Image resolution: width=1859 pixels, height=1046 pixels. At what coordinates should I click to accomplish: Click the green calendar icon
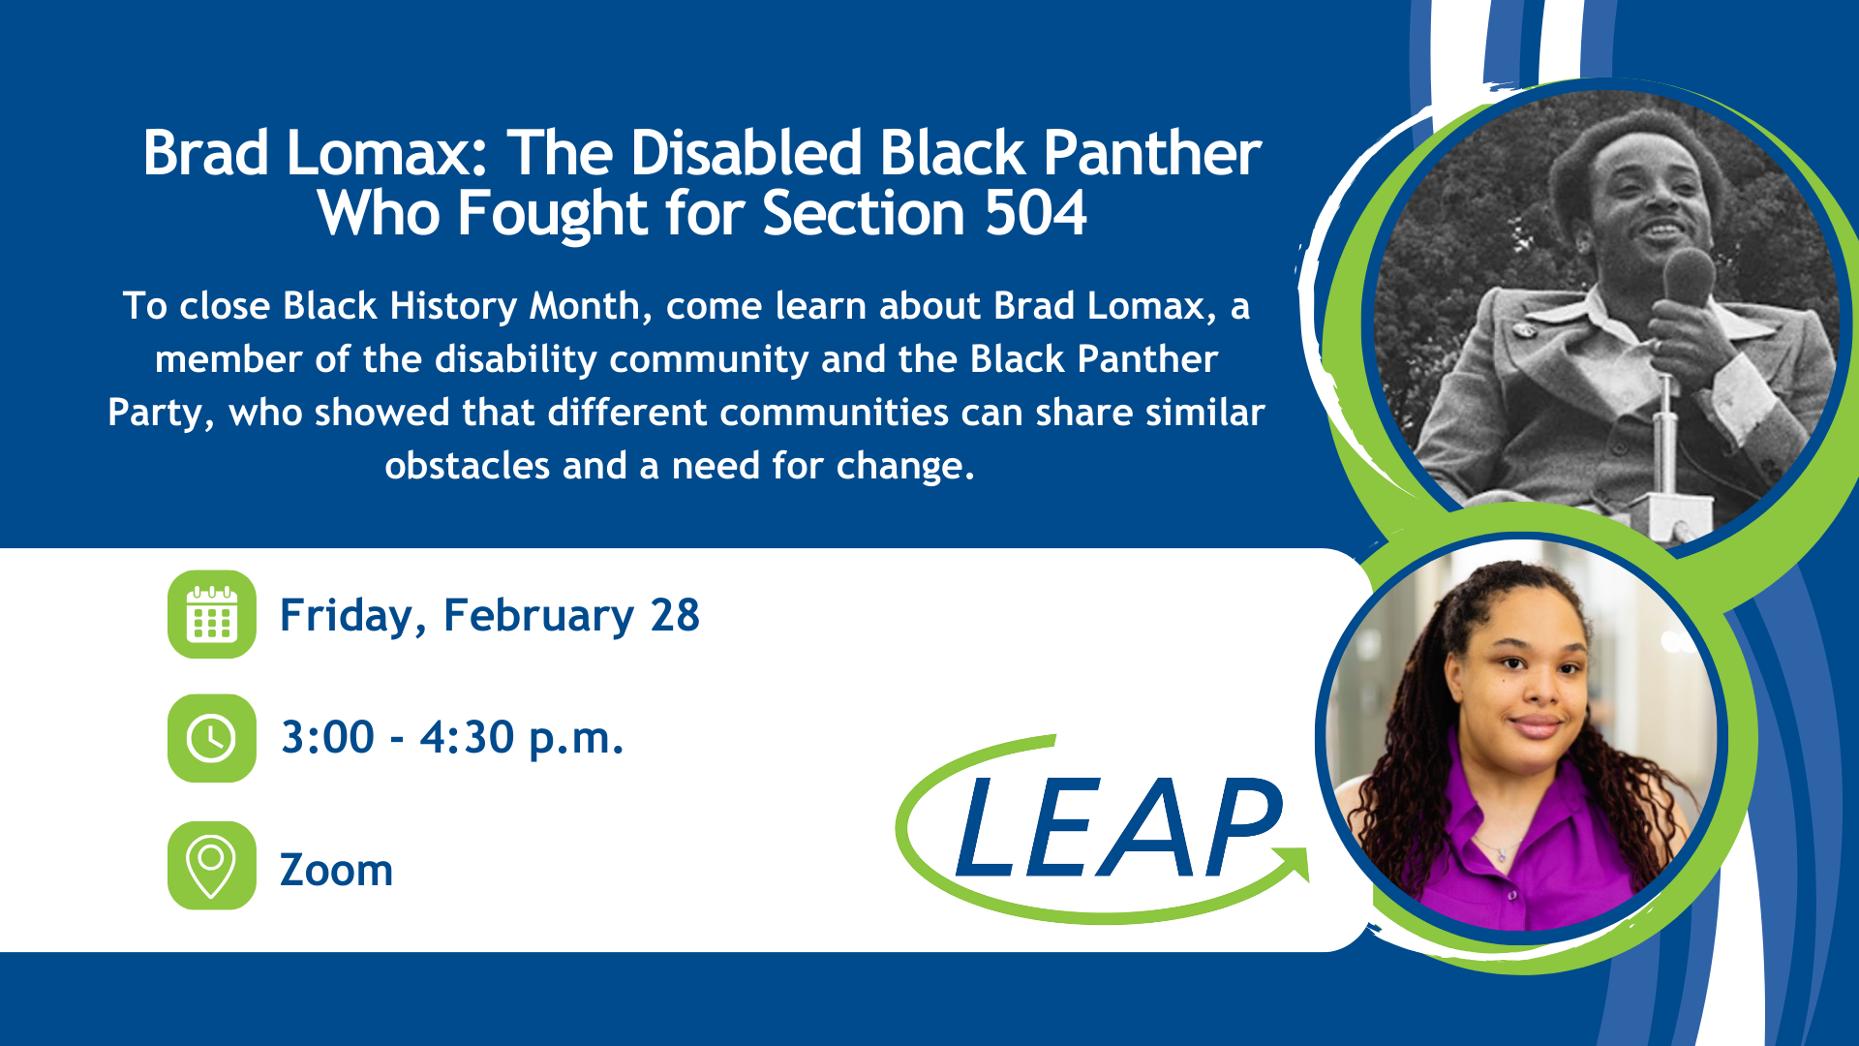point(212,614)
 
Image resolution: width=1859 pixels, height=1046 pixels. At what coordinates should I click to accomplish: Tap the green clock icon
point(212,738)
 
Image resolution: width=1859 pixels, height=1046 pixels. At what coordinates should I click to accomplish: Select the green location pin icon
point(212,866)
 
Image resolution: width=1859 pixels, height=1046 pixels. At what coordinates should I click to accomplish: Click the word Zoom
point(336,870)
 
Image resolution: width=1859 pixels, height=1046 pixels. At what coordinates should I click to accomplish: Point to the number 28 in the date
point(675,615)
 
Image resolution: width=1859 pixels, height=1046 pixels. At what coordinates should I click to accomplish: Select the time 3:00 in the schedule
point(327,737)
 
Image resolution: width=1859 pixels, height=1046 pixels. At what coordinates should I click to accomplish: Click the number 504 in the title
point(1035,213)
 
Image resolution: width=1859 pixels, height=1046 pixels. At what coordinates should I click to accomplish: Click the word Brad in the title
point(205,153)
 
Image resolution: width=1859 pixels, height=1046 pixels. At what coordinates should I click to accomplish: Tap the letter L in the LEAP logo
point(987,828)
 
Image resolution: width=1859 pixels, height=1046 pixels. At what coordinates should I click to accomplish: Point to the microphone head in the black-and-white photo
point(1690,276)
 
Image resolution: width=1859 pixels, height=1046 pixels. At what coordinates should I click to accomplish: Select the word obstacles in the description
point(468,466)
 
